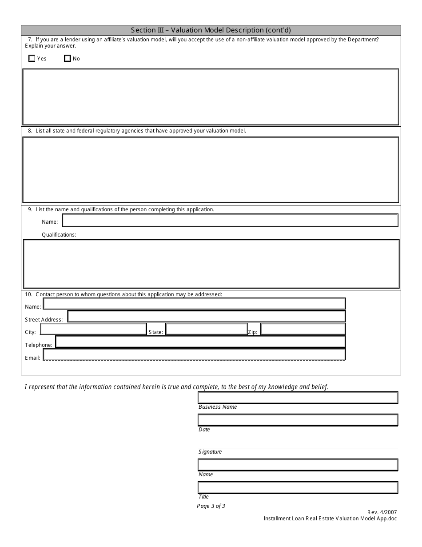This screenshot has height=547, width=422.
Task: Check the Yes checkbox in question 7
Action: [32, 58]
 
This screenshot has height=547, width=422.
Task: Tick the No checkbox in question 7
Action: [68, 58]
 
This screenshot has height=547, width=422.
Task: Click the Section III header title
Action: [211, 30]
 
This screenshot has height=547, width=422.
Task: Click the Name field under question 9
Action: [230, 221]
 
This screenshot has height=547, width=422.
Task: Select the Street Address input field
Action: [206, 316]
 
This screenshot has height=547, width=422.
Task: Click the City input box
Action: [93, 329]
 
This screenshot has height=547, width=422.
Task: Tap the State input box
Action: [206, 329]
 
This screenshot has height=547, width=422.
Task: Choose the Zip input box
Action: [303, 329]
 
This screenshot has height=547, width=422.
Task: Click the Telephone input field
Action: [200, 342]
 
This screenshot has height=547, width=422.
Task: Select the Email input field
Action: [194, 354]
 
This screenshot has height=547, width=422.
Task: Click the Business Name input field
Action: [298, 398]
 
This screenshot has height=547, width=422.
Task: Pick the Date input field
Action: [298, 420]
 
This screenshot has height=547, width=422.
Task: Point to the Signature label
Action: [210, 452]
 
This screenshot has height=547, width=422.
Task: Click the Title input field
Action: [298, 487]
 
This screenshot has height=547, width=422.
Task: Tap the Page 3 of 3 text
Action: [211, 506]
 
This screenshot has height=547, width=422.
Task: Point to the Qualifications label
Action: [59, 234]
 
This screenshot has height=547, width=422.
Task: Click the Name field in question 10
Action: [194, 304]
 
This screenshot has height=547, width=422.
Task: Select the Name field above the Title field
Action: [298, 465]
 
